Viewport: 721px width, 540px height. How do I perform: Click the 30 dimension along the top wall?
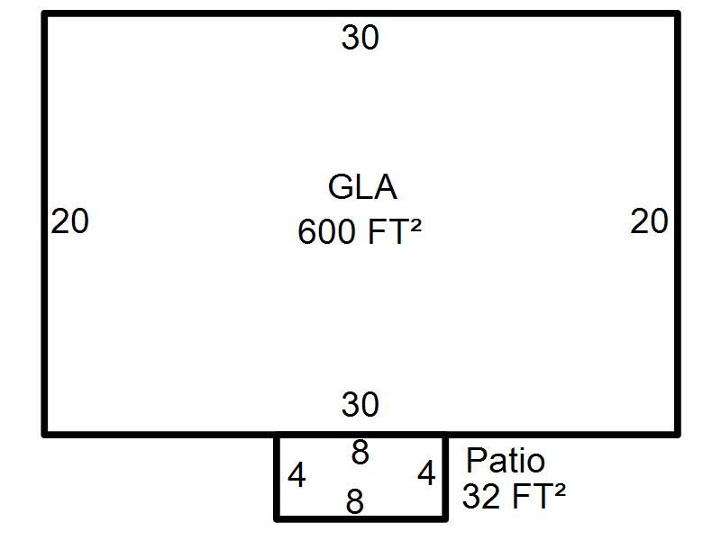click(360, 37)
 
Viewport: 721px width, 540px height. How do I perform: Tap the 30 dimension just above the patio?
click(360, 404)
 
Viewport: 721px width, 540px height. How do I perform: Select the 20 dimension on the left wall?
click(69, 220)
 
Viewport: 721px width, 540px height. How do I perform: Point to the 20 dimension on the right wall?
click(649, 220)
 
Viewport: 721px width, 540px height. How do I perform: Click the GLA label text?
click(362, 187)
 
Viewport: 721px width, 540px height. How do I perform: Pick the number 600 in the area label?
click(327, 231)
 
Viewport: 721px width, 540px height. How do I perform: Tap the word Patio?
click(506, 460)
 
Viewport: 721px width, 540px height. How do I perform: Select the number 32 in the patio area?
click(481, 496)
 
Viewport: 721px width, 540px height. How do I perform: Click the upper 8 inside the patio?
click(360, 452)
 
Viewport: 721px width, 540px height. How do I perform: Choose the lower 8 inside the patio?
click(355, 501)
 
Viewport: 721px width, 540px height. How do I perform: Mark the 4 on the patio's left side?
click(297, 475)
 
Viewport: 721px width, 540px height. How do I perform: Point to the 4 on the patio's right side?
click(426, 473)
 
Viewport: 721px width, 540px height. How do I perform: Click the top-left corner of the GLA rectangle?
click(44, 14)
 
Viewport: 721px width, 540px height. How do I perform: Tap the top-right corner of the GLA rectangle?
click(678, 14)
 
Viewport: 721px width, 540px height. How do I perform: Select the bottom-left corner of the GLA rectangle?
click(44, 435)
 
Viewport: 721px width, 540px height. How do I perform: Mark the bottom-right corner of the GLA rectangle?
click(678, 435)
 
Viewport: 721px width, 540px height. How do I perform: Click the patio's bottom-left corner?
click(277, 519)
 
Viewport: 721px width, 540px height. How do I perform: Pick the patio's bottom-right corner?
click(445, 519)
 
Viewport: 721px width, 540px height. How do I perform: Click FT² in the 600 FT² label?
click(395, 231)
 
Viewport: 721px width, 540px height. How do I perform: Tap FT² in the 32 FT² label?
click(538, 496)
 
